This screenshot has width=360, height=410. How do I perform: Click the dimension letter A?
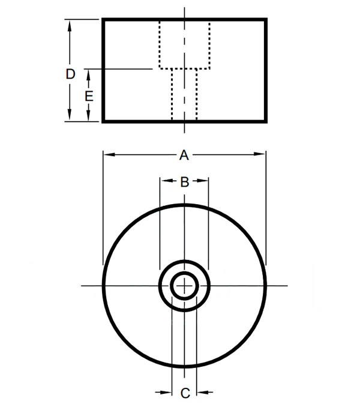184,155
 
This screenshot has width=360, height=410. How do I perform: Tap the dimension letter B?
185,182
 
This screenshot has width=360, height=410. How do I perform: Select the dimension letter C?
185,393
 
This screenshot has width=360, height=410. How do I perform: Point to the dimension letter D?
70,74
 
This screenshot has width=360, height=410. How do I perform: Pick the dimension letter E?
89,96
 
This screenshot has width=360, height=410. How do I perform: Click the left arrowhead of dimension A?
109,154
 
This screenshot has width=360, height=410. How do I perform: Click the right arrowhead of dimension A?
259,154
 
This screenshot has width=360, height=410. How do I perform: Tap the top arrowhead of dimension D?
70,26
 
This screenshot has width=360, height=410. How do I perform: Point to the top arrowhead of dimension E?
88,75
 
